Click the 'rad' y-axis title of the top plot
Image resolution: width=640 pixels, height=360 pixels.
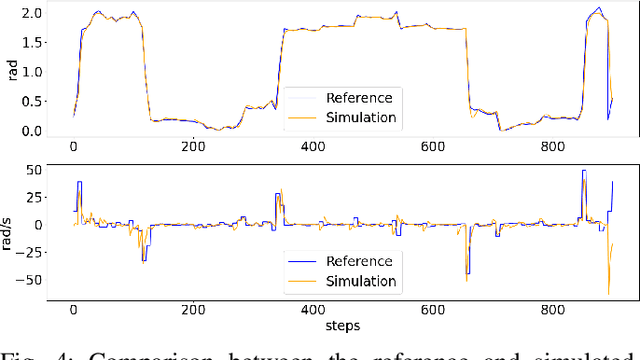point(9,71)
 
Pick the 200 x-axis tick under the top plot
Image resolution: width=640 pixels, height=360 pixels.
point(193,147)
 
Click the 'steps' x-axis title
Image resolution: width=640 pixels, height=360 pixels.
point(342,325)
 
